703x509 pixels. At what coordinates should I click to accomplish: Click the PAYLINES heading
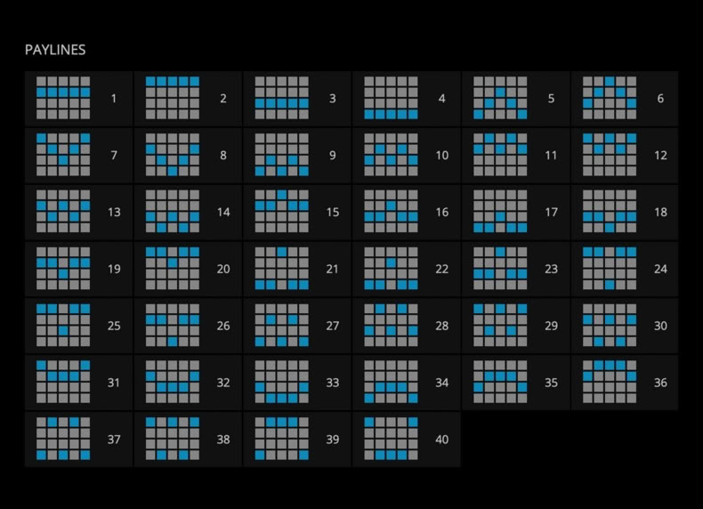click(x=55, y=50)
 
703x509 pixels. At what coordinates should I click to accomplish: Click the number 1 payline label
click(x=114, y=98)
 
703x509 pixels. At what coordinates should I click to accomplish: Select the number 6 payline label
click(x=660, y=98)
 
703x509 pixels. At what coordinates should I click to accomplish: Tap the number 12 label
click(x=660, y=155)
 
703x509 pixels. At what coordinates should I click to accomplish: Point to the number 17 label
click(x=551, y=212)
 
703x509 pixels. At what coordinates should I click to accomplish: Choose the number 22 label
click(x=441, y=269)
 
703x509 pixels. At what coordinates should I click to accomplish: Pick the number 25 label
click(x=114, y=326)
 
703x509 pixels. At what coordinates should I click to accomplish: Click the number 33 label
click(x=332, y=383)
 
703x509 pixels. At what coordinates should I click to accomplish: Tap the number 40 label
click(x=441, y=440)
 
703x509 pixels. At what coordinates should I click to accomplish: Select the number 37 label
click(x=114, y=440)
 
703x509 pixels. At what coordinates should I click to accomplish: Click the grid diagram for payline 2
click(x=173, y=98)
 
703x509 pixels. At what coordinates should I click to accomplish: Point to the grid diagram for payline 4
click(x=391, y=98)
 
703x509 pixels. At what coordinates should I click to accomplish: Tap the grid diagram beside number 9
click(x=281, y=155)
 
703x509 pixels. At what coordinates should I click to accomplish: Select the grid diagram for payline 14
click(x=173, y=211)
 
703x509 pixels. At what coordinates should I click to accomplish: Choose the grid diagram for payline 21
click(x=281, y=268)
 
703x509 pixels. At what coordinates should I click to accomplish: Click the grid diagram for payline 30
click(x=610, y=325)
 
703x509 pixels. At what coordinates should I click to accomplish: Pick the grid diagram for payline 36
click(x=610, y=382)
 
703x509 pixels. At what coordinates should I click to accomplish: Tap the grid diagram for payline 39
click(x=281, y=439)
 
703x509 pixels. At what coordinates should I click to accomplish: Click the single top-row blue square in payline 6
click(x=610, y=81)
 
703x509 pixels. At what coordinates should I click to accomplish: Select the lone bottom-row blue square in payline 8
click(x=173, y=171)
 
